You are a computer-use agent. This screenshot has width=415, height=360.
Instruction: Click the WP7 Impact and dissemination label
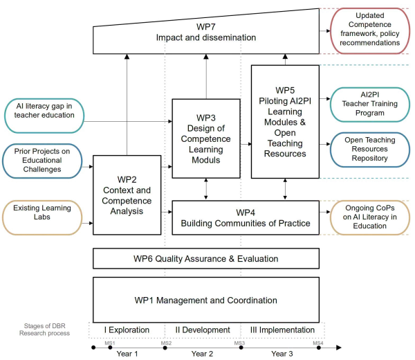(x=207, y=33)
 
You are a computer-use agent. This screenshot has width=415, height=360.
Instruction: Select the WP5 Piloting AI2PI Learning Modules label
(x=284, y=122)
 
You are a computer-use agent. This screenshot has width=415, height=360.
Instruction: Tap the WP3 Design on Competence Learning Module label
(x=205, y=138)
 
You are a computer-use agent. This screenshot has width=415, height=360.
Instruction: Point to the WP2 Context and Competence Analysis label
(x=127, y=195)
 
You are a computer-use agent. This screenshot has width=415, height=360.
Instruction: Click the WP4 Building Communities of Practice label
(x=245, y=217)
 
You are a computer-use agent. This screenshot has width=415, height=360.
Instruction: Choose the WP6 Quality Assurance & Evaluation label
(x=206, y=259)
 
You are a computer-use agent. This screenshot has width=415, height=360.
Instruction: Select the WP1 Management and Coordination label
(x=206, y=300)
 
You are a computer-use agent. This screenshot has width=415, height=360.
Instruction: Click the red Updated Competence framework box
(x=366, y=29)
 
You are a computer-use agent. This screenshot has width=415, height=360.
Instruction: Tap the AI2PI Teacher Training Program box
(x=365, y=103)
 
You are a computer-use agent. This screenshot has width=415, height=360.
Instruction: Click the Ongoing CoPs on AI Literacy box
(x=365, y=217)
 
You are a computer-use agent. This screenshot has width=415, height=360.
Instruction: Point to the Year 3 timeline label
(x=284, y=354)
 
